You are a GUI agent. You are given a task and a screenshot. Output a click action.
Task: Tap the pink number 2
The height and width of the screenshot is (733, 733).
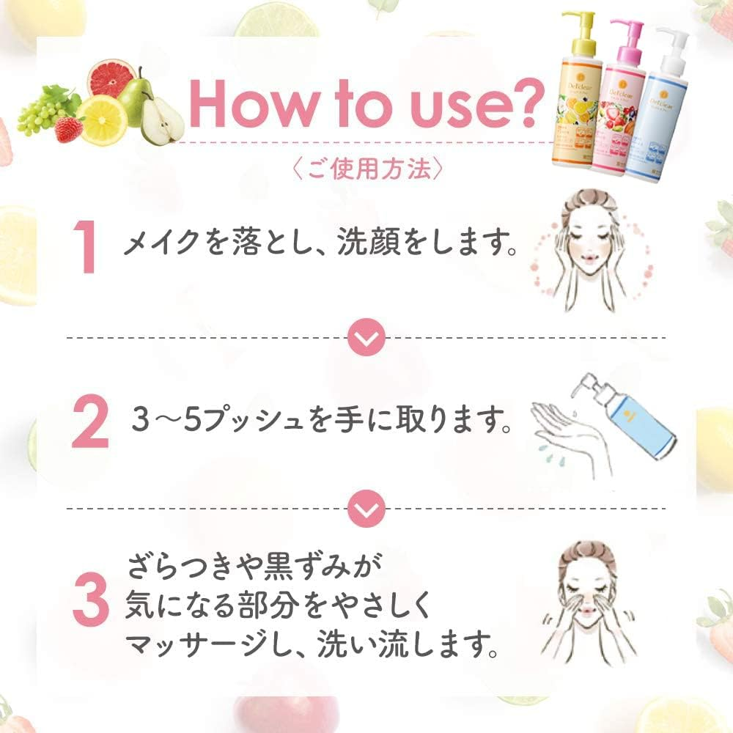click(89, 424)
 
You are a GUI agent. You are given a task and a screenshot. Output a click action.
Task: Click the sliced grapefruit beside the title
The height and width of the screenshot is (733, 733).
click(112, 81)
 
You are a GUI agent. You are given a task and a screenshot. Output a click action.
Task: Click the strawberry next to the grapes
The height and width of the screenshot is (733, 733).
click(69, 130)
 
